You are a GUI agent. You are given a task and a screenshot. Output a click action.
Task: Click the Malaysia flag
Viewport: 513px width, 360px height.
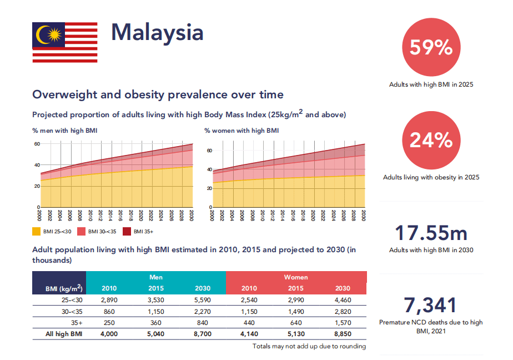pos(65,43)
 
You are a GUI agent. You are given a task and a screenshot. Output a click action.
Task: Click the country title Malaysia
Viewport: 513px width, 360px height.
pos(157,33)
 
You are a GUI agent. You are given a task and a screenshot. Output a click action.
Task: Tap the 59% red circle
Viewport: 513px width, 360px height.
pos(431,48)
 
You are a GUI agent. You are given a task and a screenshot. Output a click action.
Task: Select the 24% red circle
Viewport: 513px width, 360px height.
pos(431,141)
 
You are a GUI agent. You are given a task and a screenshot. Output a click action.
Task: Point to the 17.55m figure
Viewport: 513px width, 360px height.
pos(431,233)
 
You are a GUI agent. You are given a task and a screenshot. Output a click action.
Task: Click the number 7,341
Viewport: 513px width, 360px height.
pos(431,306)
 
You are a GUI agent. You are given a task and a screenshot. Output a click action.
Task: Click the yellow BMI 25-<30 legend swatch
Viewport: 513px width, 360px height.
pos(36,231)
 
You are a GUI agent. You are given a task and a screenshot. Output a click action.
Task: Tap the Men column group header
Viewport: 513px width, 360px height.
pos(156,277)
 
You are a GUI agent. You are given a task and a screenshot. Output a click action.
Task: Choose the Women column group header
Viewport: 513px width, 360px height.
pos(296,277)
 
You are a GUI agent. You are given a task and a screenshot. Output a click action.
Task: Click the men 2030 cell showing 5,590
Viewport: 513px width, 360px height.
pos(203,300)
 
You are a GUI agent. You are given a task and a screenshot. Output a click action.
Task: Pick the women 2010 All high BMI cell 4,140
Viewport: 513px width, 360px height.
pos(249,334)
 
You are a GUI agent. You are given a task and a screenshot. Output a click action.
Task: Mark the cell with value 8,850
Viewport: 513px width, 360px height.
pos(343,334)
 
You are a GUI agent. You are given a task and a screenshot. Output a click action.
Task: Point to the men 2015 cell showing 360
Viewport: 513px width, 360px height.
pos(156,323)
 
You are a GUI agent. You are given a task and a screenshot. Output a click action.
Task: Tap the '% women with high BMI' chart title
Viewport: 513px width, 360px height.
pos(242,131)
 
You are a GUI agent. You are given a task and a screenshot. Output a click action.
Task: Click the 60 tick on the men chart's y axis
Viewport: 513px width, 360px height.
pos(37,144)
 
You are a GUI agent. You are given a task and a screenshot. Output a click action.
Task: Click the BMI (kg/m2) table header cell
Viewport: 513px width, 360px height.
pos(64,288)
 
